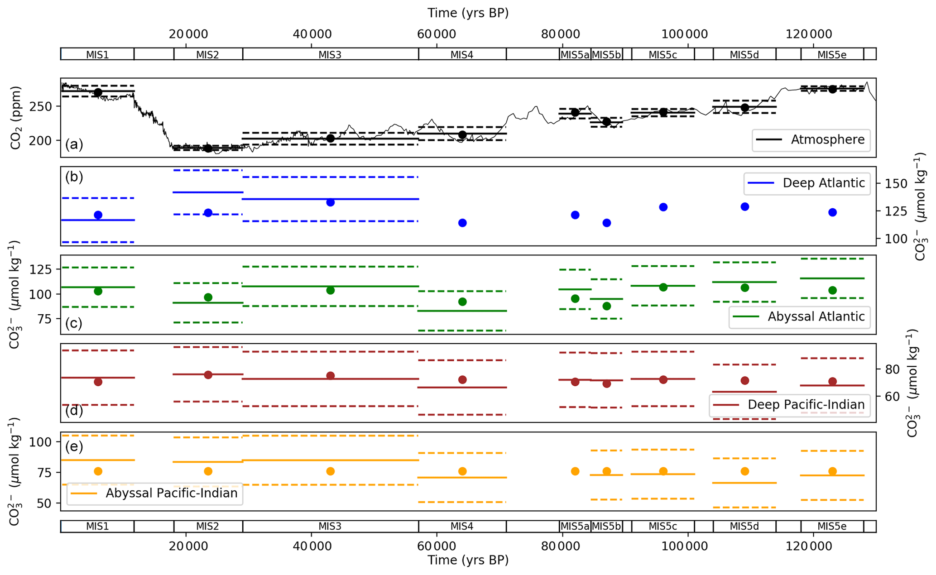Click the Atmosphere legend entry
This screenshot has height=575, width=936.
point(811,140)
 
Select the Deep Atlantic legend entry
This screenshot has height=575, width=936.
point(806,183)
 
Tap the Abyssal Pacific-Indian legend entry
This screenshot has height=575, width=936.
point(154,493)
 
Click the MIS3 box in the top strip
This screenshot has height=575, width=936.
point(330,55)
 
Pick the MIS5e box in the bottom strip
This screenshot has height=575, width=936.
point(832,527)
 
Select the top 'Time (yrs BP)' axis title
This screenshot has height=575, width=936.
point(468,13)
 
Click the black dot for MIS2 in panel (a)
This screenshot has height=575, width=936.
point(208,148)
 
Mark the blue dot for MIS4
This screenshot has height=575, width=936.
point(462,223)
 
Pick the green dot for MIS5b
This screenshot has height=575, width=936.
point(607,306)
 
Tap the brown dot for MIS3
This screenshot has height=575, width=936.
point(330,376)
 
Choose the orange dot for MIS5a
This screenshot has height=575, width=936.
point(575,471)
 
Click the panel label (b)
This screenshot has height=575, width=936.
point(74,177)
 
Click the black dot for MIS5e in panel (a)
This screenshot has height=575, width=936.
point(832,89)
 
